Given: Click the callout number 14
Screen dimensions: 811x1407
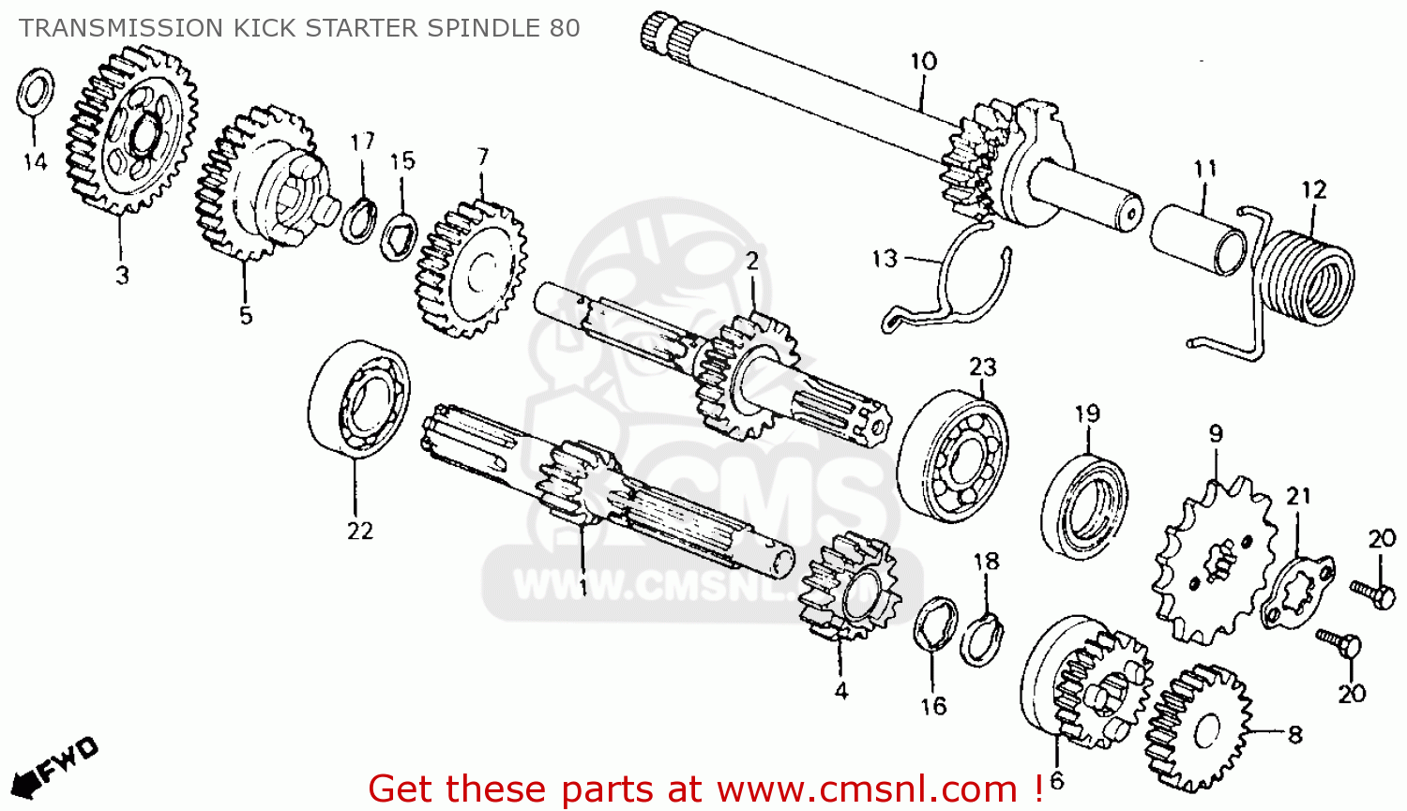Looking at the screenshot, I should pyautogui.click(x=35, y=162).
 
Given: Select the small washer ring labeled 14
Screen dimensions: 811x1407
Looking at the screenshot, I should pyautogui.click(x=35, y=93).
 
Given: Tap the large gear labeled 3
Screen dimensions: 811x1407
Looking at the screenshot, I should pyautogui.click(x=130, y=130).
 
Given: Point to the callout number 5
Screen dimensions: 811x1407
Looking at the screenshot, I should pyautogui.click(x=246, y=315).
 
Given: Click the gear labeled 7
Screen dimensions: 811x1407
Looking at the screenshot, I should pyautogui.click(x=471, y=270).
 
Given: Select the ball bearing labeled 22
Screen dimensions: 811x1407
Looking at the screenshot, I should pyautogui.click(x=358, y=399).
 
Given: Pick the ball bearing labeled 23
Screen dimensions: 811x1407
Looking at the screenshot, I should pyautogui.click(x=953, y=457).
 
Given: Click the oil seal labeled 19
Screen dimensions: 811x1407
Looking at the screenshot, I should pyautogui.click(x=1084, y=507).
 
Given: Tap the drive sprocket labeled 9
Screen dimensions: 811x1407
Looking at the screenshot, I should pyautogui.click(x=1216, y=562).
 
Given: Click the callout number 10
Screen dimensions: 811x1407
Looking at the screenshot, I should pyautogui.click(x=923, y=62).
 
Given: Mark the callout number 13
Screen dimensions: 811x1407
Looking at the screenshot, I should pyautogui.click(x=885, y=259).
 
